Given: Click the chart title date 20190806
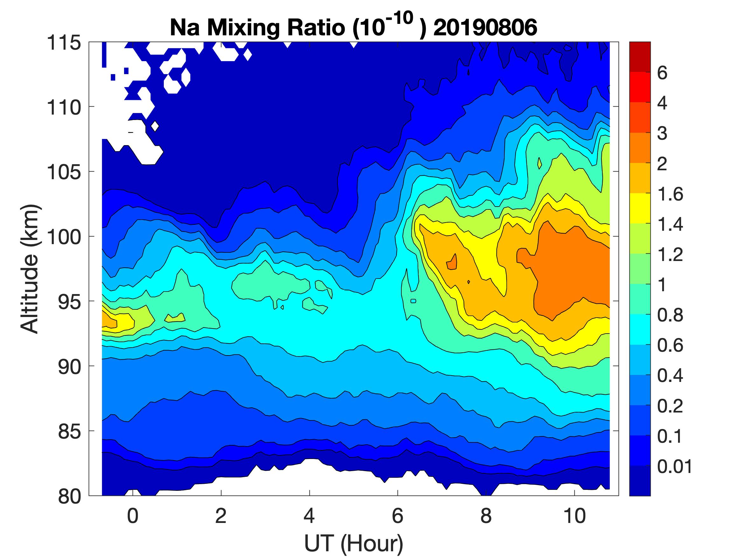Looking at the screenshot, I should (x=485, y=27).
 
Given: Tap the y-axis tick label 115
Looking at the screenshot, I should (x=64, y=43).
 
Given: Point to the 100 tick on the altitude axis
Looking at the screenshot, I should (x=64, y=237).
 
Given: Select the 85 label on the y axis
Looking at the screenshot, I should (x=69, y=431).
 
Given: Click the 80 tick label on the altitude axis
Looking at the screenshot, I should (x=69, y=496).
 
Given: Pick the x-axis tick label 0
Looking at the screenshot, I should (x=133, y=516).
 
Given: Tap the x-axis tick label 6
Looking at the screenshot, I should (x=398, y=516).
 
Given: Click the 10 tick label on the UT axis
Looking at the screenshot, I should (x=575, y=516).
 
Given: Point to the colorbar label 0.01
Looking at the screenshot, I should (x=675, y=466).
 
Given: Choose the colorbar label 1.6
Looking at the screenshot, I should (x=670, y=194).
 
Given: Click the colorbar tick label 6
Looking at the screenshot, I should (x=662, y=73).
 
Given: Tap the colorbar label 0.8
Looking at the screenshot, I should (x=670, y=315).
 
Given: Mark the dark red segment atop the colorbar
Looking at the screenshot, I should (x=640, y=57).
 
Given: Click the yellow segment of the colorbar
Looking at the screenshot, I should (x=640, y=208).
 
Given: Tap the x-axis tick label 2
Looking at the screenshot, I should (x=221, y=516).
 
